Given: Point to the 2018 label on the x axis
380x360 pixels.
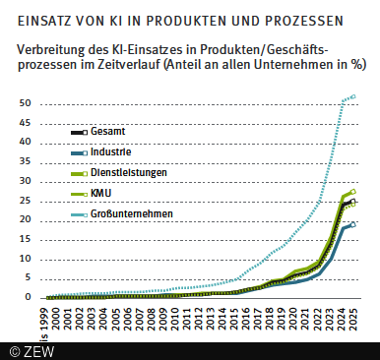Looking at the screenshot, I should tap(269, 316).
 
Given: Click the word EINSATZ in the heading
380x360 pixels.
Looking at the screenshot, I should tap(50, 19).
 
